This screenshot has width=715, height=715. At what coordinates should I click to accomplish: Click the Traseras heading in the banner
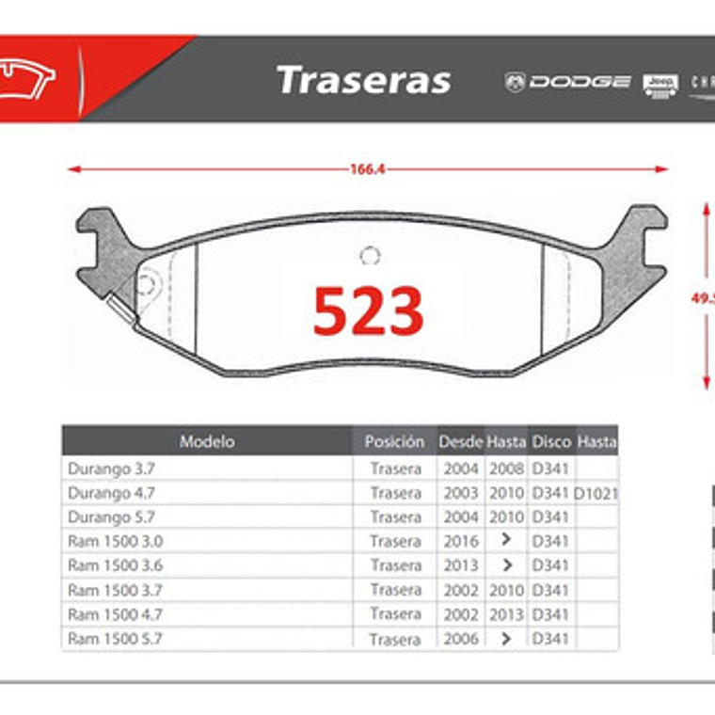(x=363, y=81)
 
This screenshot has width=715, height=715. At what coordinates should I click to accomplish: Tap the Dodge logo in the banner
(x=567, y=82)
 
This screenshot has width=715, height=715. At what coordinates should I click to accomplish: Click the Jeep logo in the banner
(x=660, y=84)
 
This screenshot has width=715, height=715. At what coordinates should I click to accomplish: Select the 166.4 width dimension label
(x=368, y=170)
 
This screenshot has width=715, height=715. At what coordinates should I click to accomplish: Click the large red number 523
(x=368, y=311)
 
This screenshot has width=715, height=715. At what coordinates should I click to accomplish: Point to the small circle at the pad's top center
(x=370, y=256)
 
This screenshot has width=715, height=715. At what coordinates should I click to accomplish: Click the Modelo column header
(x=207, y=441)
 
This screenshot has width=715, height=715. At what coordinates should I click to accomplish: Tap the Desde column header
(x=460, y=441)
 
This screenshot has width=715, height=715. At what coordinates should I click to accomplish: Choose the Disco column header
(x=551, y=441)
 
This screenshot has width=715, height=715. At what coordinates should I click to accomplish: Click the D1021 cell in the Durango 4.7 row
(x=596, y=492)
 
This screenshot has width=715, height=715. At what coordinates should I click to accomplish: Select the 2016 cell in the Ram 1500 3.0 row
(x=460, y=541)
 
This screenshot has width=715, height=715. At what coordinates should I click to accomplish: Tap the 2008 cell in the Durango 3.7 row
(x=506, y=468)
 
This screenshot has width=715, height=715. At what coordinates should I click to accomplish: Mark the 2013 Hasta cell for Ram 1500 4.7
(x=506, y=614)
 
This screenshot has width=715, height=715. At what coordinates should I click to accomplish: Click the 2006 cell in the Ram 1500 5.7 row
(x=460, y=639)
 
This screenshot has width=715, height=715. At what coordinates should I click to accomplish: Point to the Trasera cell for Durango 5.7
(x=395, y=516)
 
